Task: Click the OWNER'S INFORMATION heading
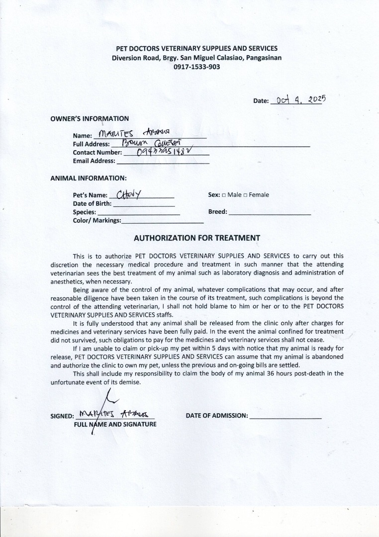tap(90, 119)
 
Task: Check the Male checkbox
tap(224, 195)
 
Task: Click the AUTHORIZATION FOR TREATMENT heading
tap(197, 238)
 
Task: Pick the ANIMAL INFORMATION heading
tap(89, 178)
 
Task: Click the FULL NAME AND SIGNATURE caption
tap(115, 424)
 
